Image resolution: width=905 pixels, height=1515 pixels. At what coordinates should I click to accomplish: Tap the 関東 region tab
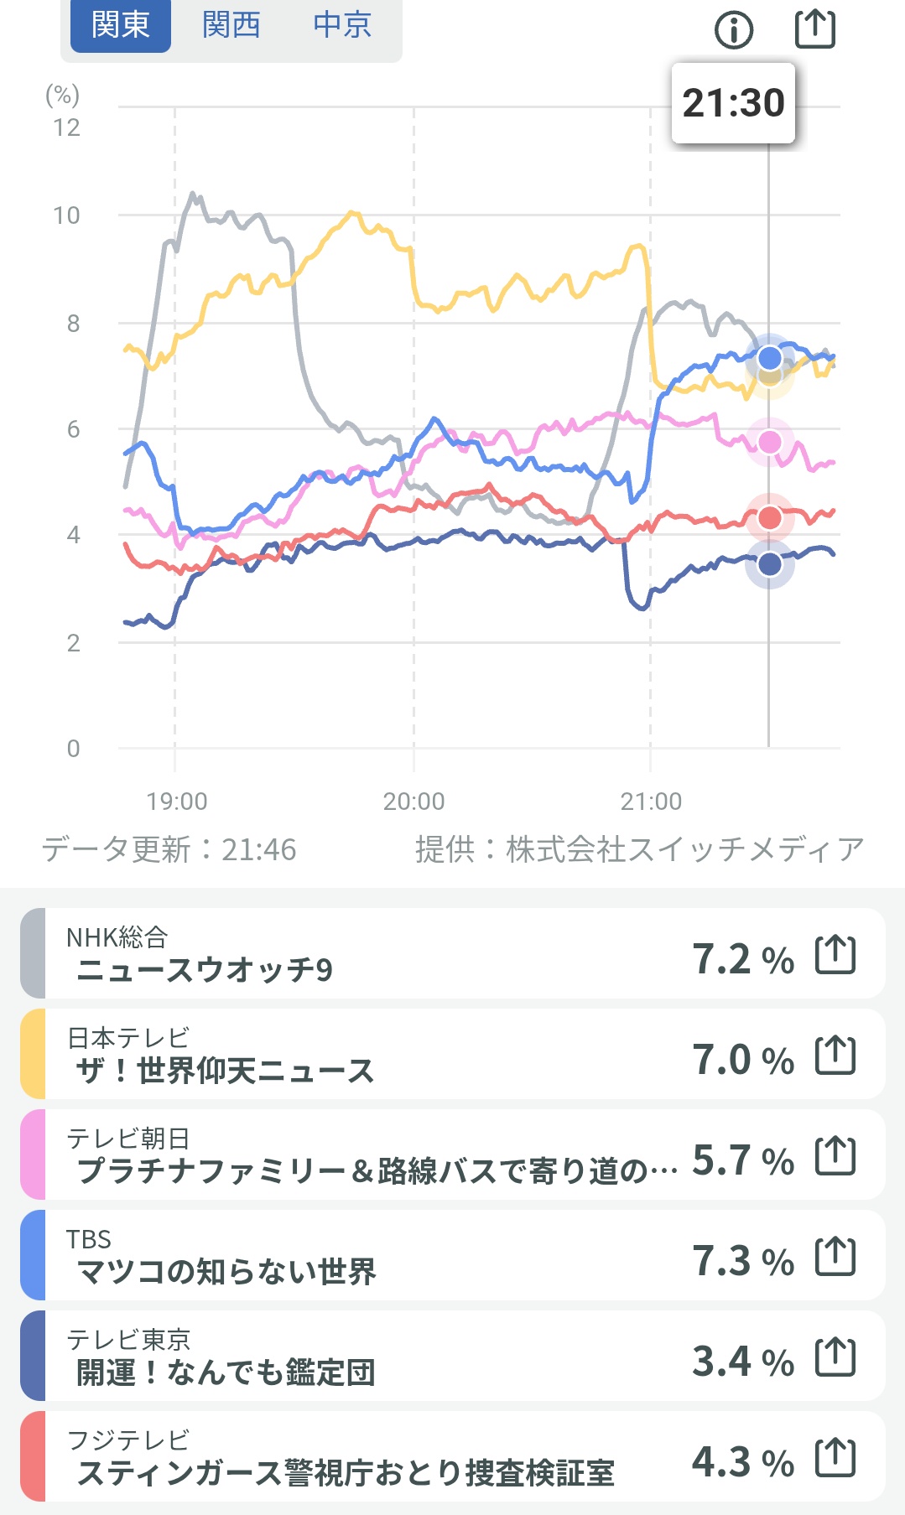pos(120,25)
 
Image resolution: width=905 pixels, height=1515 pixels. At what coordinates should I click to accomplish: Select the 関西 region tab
pos(231,25)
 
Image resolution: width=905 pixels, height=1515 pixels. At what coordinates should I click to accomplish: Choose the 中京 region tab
pos(342,25)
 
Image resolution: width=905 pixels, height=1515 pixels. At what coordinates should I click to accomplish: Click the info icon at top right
pos(734,30)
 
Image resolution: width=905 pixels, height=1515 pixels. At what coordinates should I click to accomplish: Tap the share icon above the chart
pos(814,29)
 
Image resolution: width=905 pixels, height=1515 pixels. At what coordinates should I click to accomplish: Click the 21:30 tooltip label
pos(733,103)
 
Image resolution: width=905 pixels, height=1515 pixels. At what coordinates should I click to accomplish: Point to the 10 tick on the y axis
pos(66,216)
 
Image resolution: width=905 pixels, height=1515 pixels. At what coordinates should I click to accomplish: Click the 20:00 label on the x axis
pos(413,802)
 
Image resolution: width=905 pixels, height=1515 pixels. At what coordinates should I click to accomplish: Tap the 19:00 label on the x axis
pos(176,802)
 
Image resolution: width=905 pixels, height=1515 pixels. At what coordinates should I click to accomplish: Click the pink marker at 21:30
pos(770,442)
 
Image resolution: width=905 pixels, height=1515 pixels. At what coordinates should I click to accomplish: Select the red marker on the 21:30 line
pos(770,518)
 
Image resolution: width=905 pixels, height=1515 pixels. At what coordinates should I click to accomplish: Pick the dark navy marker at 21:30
pos(770,564)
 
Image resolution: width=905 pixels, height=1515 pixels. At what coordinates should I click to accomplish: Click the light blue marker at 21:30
pos(770,358)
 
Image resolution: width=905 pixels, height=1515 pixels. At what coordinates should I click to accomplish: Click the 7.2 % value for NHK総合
pos(742,959)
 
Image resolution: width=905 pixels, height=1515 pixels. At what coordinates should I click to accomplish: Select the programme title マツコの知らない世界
pos(226,1272)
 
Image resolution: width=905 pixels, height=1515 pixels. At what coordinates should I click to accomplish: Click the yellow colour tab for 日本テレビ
pos(33,1054)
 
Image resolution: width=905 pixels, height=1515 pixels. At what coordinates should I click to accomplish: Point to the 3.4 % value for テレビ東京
pos(742,1362)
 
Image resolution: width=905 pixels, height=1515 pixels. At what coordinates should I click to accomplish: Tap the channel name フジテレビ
pos(128,1440)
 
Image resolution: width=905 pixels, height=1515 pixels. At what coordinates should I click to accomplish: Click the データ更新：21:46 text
pos(169,849)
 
